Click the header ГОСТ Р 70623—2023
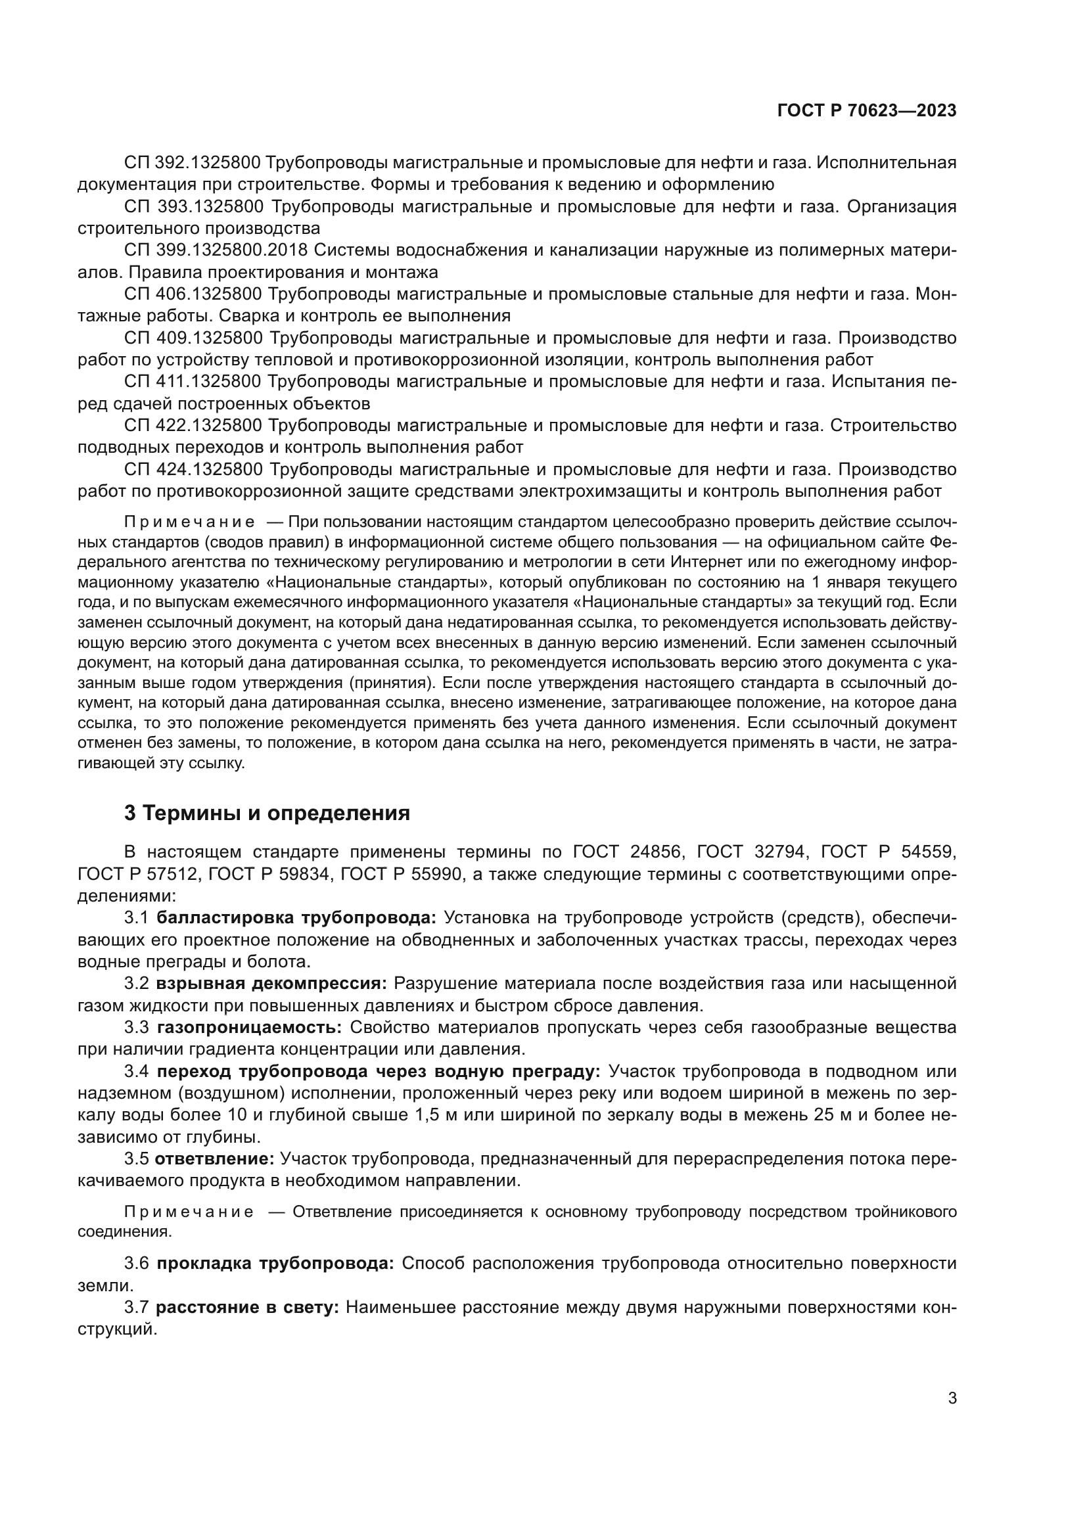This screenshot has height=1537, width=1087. (867, 111)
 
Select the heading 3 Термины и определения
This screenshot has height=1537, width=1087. (267, 814)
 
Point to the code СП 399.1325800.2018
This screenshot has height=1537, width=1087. (216, 250)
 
